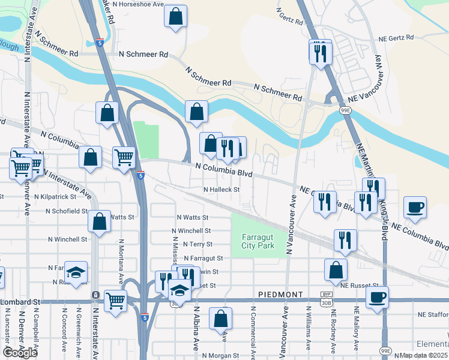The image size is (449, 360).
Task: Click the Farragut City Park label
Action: pos(258,242)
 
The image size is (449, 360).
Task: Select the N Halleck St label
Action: pos(221,190)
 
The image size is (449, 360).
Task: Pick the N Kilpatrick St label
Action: pos(55,196)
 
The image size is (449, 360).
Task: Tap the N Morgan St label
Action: pos(221,355)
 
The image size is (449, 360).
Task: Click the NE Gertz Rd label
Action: pos(396,38)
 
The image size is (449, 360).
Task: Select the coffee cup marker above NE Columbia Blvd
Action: pos(415,208)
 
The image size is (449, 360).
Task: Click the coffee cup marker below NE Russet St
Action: pos(377,297)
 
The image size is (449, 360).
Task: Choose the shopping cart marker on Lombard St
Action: pos(115,300)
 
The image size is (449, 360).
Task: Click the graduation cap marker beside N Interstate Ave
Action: pos(76,272)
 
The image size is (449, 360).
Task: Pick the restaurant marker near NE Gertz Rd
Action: pos(320,52)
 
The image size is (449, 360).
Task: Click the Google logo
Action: pos(20,353)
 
